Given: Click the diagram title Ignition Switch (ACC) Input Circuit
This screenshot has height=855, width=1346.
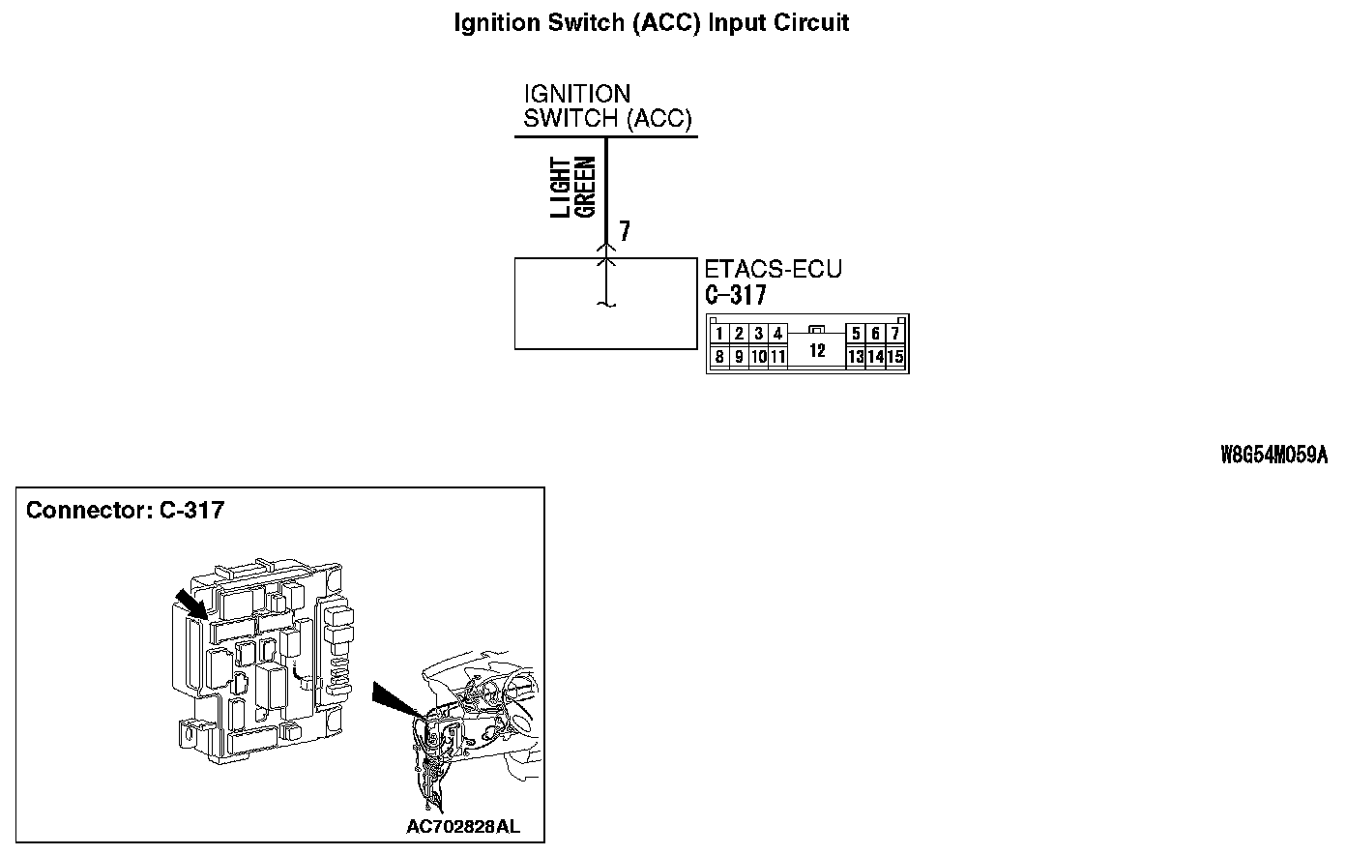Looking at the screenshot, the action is pyautogui.click(x=651, y=23).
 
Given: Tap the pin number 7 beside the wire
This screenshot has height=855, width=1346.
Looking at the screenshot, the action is pyautogui.click(x=625, y=231).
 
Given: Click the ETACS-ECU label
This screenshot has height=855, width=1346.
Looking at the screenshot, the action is pyautogui.click(x=773, y=270).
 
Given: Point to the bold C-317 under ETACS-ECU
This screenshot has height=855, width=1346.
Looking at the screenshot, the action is pyautogui.click(x=735, y=295).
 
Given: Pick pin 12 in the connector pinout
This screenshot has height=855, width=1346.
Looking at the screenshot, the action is pyautogui.click(x=817, y=350).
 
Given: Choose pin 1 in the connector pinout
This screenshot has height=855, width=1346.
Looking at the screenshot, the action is pyautogui.click(x=719, y=335).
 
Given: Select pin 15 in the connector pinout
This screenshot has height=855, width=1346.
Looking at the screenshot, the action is pyautogui.click(x=894, y=357).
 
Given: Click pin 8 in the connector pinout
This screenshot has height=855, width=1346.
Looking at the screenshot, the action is pyautogui.click(x=719, y=357).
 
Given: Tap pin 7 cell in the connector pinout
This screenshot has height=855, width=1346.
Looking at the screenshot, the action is pyautogui.click(x=895, y=335).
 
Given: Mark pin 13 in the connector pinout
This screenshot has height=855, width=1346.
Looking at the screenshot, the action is pyautogui.click(x=855, y=357).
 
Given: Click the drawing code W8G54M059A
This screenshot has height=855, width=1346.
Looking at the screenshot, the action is pyautogui.click(x=1273, y=457).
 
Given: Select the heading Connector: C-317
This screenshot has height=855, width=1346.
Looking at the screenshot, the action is pyautogui.click(x=125, y=510).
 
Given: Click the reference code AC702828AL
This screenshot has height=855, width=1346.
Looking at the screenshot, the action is pyautogui.click(x=462, y=827).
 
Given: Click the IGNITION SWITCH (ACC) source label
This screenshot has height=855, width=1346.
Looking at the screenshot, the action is pyautogui.click(x=607, y=106).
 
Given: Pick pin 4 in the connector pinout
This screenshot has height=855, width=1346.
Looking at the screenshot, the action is pyautogui.click(x=777, y=335).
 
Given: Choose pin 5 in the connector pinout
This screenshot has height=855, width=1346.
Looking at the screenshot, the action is pyautogui.click(x=856, y=335).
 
